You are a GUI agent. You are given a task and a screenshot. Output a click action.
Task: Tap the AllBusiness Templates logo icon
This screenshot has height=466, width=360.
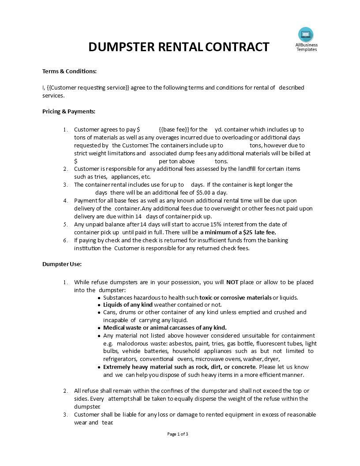pyautogui.click(x=306, y=34)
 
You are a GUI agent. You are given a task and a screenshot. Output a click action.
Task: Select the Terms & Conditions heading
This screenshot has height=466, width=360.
pyautogui.click(x=69, y=71)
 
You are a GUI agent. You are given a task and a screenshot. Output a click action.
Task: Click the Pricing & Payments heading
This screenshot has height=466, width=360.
pyautogui.click(x=69, y=111)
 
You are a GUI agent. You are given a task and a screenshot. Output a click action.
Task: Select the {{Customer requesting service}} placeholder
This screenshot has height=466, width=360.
pyautogui.click(x=88, y=87)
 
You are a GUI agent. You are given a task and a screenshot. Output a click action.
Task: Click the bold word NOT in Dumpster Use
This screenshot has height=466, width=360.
pyautogui.click(x=232, y=282)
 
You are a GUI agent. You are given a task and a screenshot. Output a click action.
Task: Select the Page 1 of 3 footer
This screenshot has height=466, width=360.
pyautogui.click(x=178, y=434)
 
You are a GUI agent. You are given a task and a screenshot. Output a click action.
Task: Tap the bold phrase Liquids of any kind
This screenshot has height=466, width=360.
pyautogui.click(x=128, y=304)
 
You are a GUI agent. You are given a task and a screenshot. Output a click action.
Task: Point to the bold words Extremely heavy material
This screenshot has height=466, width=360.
pyautogui.click(x=140, y=367)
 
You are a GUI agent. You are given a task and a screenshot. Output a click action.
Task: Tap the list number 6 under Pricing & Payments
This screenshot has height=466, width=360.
pyautogui.click(x=65, y=240)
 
